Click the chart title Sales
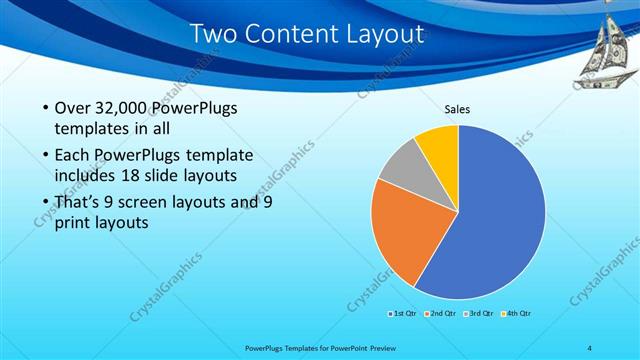pos(458,110)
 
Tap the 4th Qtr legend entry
pos(516,314)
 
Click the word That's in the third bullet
pos(77,202)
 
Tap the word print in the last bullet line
pos(71,224)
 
